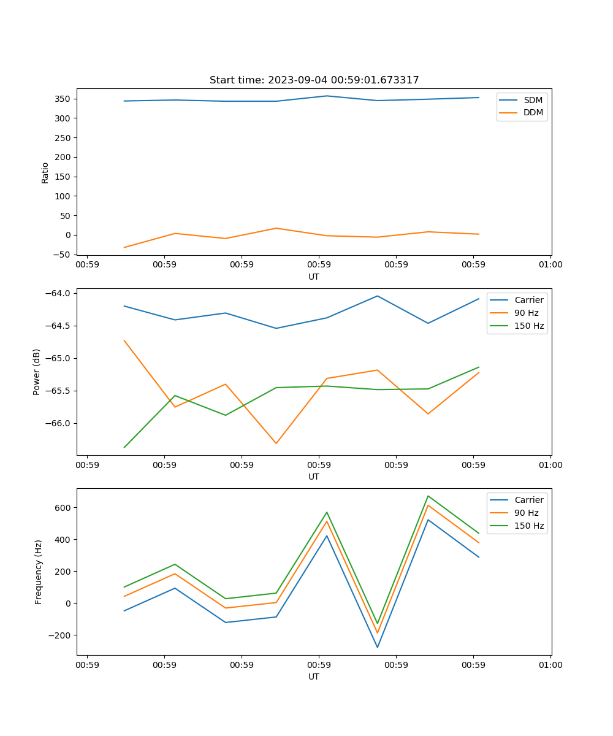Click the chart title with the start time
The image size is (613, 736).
pyautogui.click(x=314, y=80)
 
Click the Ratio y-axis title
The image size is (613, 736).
pyautogui.click(x=45, y=172)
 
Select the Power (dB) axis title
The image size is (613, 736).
pyautogui.click(x=37, y=372)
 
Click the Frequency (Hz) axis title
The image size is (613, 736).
pyautogui.click(x=39, y=572)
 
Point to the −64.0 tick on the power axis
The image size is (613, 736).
pyautogui.click(x=58, y=293)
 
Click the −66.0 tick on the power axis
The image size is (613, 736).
pyautogui.click(x=58, y=423)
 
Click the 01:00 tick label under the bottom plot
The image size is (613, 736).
pyautogui.click(x=550, y=664)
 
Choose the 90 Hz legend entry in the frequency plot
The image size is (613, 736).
pyautogui.click(x=526, y=513)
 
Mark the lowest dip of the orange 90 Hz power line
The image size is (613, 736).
pyautogui.click(x=276, y=443)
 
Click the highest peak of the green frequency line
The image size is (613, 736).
pyautogui.click(x=428, y=496)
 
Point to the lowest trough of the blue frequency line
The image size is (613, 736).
pyautogui.click(x=377, y=647)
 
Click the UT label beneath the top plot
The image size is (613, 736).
pyautogui.click(x=314, y=277)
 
